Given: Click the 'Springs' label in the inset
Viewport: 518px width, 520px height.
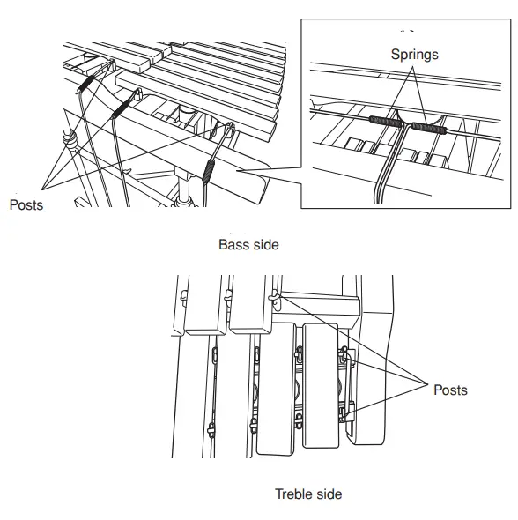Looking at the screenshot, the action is (x=414, y=55).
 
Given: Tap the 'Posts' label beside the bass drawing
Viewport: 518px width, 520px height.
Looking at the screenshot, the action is (x=26, y=205).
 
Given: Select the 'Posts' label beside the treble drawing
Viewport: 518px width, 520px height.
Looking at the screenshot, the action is (x=450, y=390).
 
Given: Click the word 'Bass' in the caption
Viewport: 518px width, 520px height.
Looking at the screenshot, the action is (x=232, y=245).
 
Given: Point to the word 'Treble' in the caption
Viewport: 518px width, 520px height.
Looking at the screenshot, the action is (x=292, y=494).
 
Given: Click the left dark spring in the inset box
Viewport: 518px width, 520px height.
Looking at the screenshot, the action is (x=386, y=122).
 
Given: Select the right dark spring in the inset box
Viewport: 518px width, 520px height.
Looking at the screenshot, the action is (x=428, y=128).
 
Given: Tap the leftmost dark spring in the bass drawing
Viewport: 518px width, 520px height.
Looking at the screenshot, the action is (x=85, y=84).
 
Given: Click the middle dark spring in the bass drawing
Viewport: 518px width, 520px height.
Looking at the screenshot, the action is (x=121, y=109).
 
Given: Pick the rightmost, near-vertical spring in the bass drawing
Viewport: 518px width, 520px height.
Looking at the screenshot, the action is (x=209, y=171).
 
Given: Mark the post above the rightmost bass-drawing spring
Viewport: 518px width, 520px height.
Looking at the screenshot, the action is (x=231, y=128).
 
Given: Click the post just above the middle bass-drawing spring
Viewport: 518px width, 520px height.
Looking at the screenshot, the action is (x=137, y=94).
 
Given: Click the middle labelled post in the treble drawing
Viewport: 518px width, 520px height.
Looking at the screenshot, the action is (x=344, y=355).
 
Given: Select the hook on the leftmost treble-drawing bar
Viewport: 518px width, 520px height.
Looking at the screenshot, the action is (x=184, y=296).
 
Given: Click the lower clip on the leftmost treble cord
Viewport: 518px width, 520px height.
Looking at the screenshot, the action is (x=211, y=430).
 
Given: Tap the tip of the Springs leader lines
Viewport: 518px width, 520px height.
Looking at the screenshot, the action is (x=413, y=67).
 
